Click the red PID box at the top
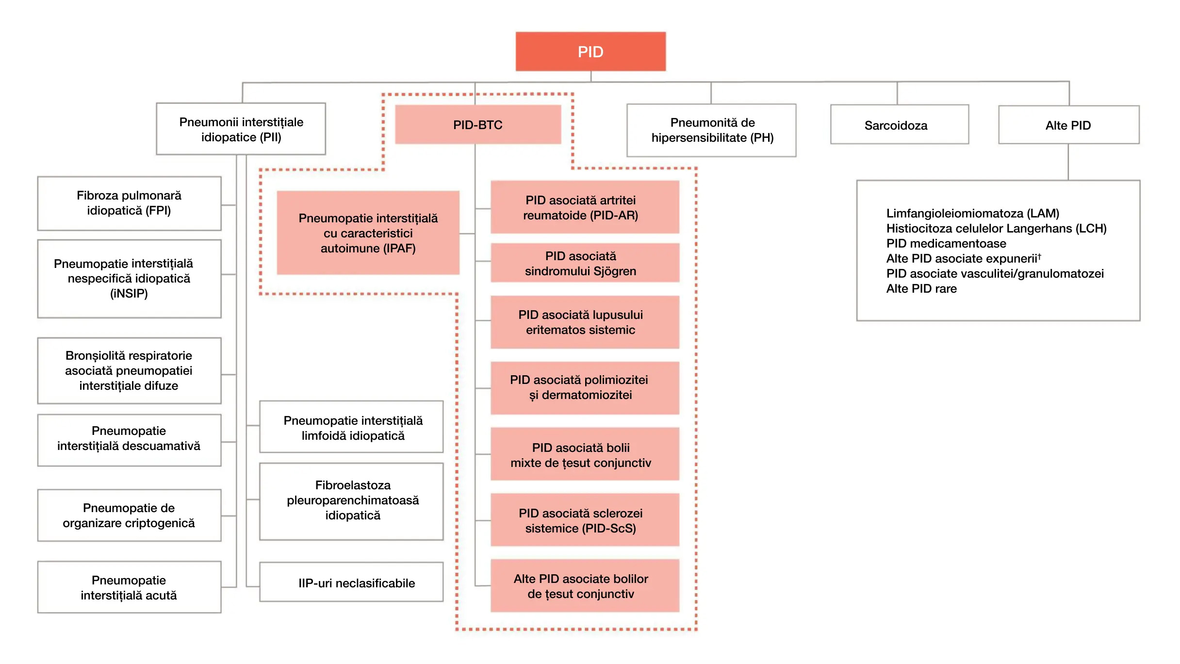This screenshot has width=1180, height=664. tap(590, 51)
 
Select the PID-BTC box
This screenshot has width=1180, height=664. tap(478, 125)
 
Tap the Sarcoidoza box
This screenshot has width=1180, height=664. tap(899, 125)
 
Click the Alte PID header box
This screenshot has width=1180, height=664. tap(1068, 125)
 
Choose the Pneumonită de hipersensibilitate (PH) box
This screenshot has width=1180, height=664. tap(711, 130)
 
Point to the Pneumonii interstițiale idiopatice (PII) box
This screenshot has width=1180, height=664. tap(241, 129)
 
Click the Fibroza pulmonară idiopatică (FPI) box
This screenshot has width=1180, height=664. tap(129, 203)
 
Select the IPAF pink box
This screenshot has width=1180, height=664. tap(368, 233)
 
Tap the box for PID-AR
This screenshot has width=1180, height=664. tap(584, 207)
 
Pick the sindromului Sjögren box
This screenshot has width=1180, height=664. tap(584, 263)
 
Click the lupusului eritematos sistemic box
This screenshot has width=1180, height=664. tap(584, 322)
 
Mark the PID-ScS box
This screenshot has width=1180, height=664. tap(584, 520)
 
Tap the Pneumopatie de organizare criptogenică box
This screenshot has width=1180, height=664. tap(129, 515)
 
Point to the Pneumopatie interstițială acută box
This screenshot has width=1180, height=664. tap(129, 587)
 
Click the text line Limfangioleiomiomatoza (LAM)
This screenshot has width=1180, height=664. tap(972, 213)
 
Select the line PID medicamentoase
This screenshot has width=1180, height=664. tap(946, 243)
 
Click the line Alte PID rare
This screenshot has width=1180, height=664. tap(921, 289)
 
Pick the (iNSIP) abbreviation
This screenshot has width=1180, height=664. tap(129, 294)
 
